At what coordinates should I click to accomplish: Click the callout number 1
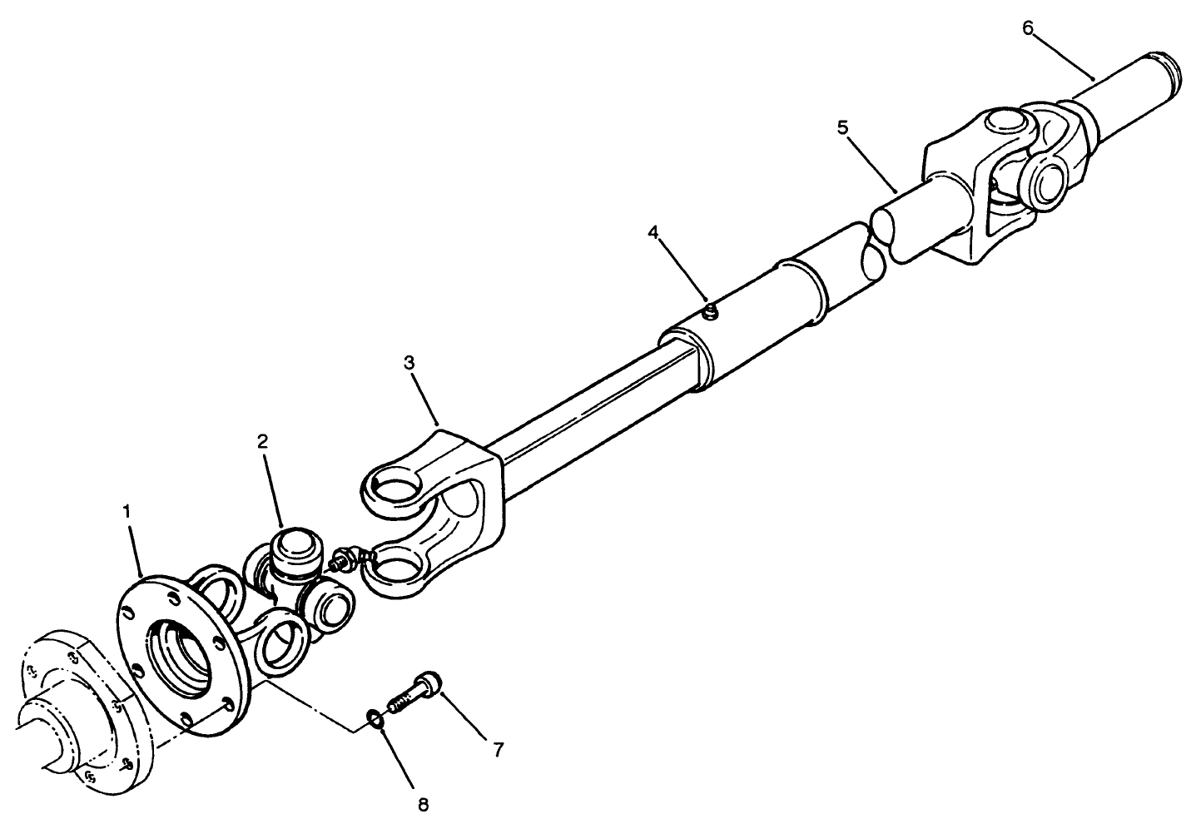click(x=127, y=512)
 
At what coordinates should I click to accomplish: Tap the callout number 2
click(x=263, y=442)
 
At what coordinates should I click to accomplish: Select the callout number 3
click(x=408, y=364)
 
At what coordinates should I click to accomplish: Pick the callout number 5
click(x=842, y=127)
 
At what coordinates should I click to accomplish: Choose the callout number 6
click(x=1028, y=27)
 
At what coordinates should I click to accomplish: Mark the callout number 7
click(x=498, y=750)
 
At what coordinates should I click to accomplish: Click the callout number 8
click(x=423, y=804)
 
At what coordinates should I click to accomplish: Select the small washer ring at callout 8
click(x=375, y=717)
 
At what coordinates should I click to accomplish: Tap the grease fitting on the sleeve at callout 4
click(x=710, y=312)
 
